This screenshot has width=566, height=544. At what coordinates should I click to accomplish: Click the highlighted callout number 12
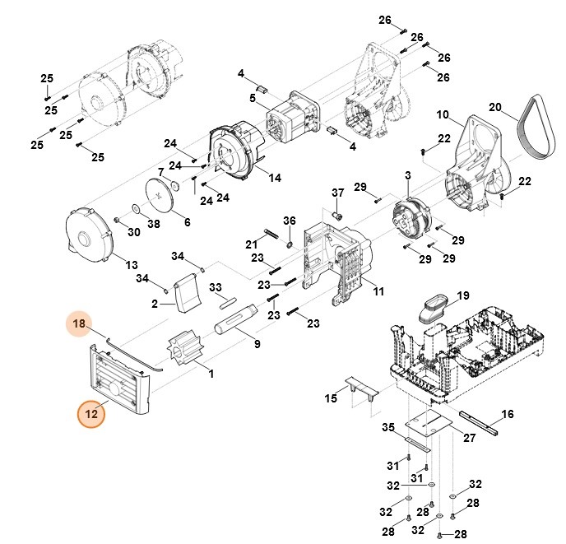[91, 414]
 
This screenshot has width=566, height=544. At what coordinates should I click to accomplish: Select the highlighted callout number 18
[79, 325]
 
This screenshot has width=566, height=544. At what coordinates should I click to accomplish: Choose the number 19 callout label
[462, 295]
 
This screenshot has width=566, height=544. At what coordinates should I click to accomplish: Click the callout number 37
[336, 193]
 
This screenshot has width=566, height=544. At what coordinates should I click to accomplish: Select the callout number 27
[469, 437]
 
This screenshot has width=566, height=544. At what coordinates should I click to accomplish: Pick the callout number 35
[389, 428]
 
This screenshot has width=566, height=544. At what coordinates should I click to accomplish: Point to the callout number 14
[274, 178]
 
